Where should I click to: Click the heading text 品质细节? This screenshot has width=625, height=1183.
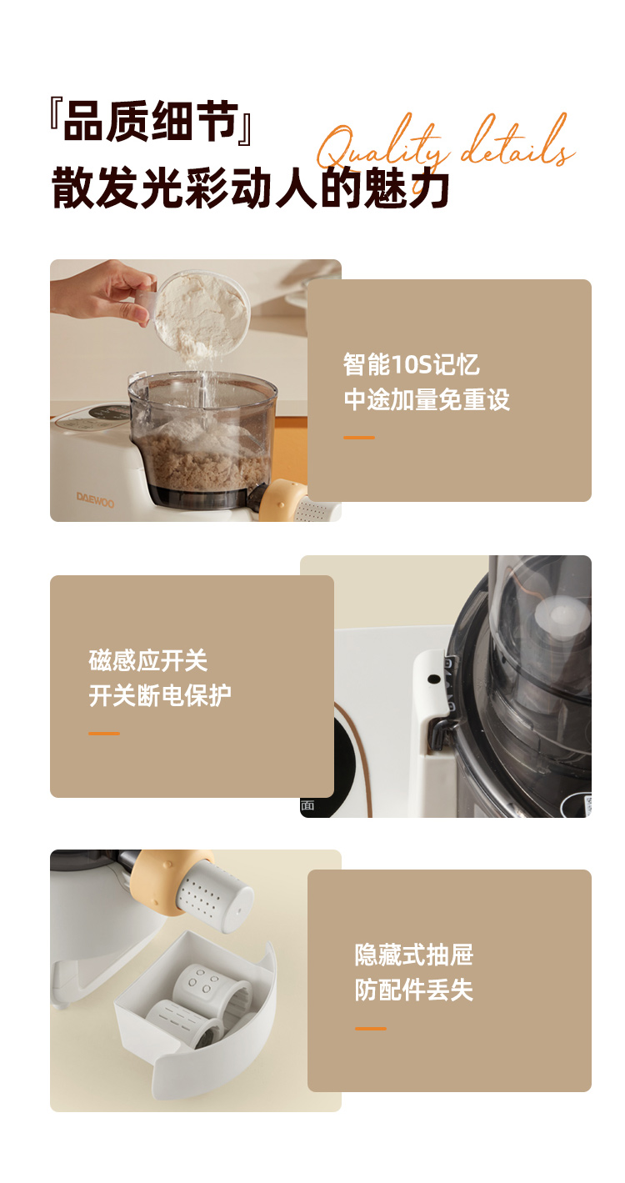click(x=151, y=122)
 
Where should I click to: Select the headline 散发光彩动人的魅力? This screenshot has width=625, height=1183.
click(x=250, y=188)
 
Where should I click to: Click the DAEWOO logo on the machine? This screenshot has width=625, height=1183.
click(x=95, y=499)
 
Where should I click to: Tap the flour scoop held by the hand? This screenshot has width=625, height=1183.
click(x=198, y=312)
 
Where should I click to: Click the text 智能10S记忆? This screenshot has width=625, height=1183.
click(x=411, y=364)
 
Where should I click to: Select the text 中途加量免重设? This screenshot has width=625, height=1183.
click(x=427, y=399)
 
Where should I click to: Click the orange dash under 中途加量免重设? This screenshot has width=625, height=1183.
click(x=359, y=438)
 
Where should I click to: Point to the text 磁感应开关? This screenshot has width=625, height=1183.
click(x=148, y=660)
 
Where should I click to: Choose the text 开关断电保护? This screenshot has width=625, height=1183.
click(x=160, y=695)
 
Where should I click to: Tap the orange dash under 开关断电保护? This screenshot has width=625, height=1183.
click(x=104, y=733)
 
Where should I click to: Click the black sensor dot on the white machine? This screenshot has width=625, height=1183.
click(x=434, y=679)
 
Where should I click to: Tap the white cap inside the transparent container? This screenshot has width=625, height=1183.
click(x=561, y=619)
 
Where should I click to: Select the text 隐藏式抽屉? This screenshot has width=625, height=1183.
click(x=414, y=955)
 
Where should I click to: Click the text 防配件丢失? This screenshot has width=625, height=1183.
click(x=414, y=990)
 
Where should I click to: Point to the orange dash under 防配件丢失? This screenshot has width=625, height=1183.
click(x=371, y=1028)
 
